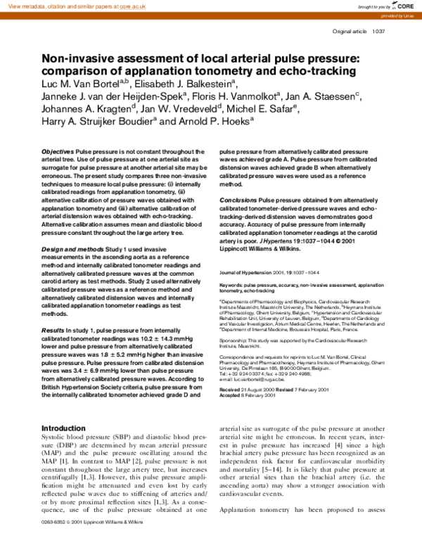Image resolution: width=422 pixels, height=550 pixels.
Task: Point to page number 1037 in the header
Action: click(378, 32)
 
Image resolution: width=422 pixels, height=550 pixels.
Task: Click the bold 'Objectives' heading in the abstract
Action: click(58, 152)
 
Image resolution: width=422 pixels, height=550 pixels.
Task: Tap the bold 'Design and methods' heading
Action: click(71, 249)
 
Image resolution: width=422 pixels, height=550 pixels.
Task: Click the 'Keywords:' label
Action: click(232, 285)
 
